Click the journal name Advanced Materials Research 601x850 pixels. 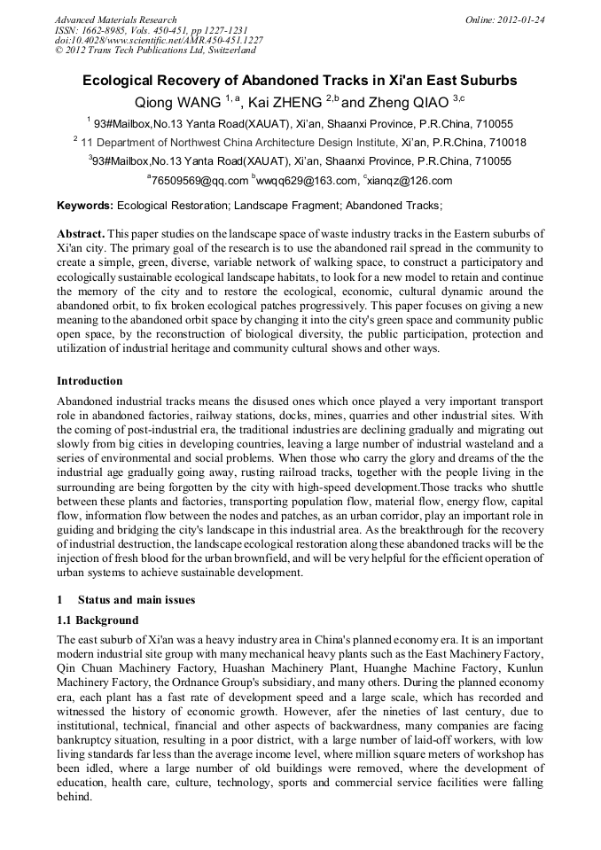[115, 19]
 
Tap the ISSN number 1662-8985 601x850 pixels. [106, 30]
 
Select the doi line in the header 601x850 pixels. [159, 41]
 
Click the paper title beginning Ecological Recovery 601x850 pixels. [300, 80]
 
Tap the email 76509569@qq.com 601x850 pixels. [199, 181]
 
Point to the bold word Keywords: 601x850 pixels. [85, 206]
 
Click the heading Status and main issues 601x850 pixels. [136, 600]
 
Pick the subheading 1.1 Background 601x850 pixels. [98, 620]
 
